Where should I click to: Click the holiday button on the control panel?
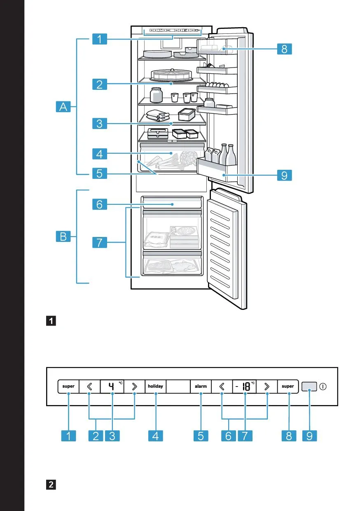(155, 387)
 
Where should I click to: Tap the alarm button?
(201, 387)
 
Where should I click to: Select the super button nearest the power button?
(288, 387)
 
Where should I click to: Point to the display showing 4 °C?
(112, 387)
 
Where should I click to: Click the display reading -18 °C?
(245, 387)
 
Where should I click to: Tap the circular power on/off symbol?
(323, 387)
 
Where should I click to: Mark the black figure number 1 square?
(51, 320)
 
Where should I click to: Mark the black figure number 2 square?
(51, 484)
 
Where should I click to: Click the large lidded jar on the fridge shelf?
(156, 95)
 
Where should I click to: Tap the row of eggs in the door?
(217, 85)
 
